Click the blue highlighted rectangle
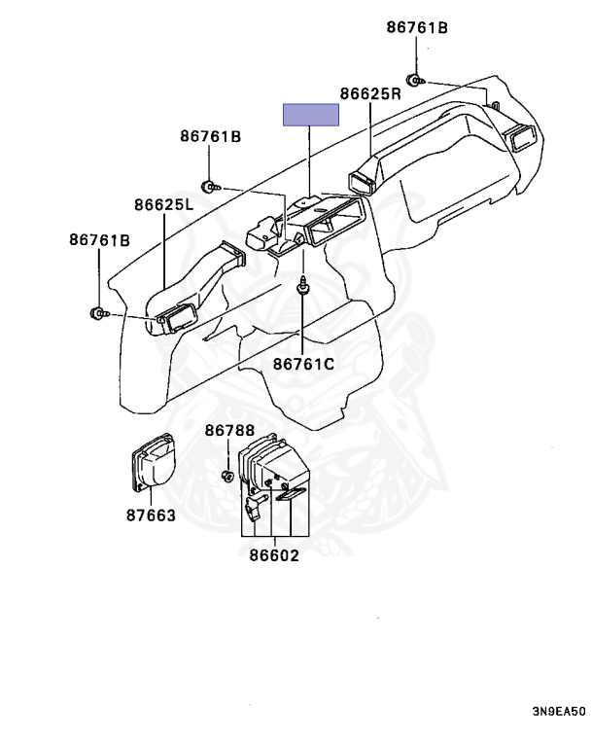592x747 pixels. point(310,115)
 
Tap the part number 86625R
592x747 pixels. point(370,94)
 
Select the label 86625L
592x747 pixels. point(164,205)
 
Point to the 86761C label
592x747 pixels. point(303,364)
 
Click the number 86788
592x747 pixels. point(229,431)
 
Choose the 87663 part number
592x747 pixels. point(151,515)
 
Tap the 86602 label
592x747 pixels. point(273,556)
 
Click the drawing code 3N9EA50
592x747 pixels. point(558,711)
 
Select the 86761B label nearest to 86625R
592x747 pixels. point(417,27)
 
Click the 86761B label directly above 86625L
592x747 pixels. point(210,136)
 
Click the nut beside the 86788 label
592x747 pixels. point(226,476)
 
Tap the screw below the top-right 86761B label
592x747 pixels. point(414,81)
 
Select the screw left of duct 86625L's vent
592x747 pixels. point(98,312)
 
